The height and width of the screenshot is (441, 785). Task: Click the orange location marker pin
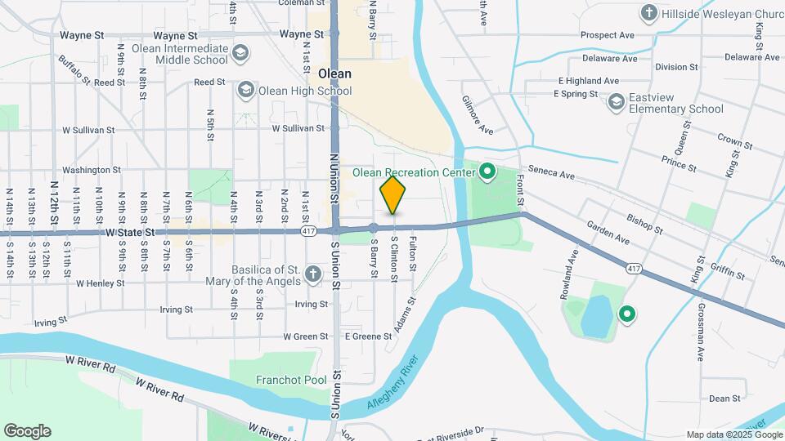pyautogui.click(x=393, y=194)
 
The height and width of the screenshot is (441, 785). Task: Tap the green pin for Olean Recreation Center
pyautogui.click(x=488, y=172)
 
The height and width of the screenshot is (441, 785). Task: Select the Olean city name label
pyautogui.click(x=334, y=73)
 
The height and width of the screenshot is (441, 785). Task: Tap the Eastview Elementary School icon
pyautogui.click(x=616, y=101)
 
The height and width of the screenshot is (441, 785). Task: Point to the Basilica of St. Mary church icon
pyautogui.click(x=312, y=274)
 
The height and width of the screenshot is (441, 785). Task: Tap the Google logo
pyautogui.click(x=27, y=431)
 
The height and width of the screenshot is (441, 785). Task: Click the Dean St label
pyautogui.click(x=724, y=399)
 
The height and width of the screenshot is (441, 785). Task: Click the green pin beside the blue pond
pyautogui.click(x=627, y=314)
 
